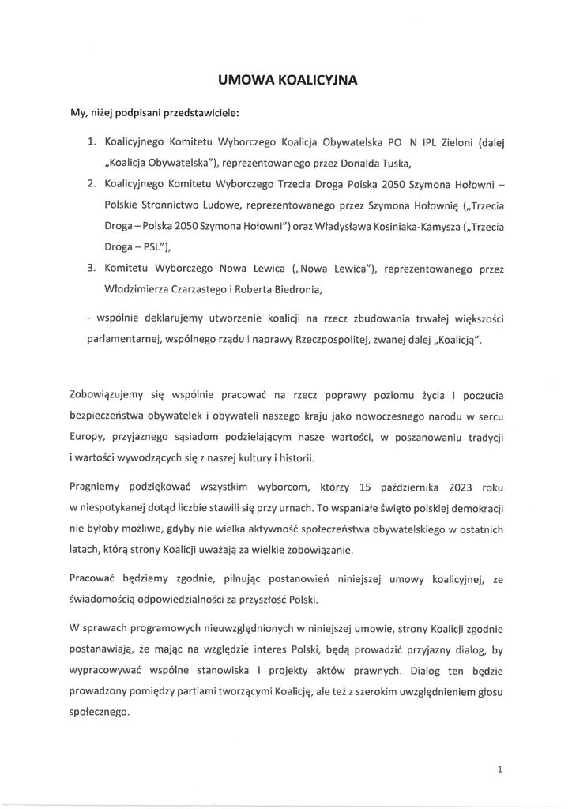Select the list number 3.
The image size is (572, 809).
pyautogui.click(x=91, y=268)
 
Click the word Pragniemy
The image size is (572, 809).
pyautogui.click(x=99, y=488)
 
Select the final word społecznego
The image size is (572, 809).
pyautogui.click(x=99, y=712)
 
